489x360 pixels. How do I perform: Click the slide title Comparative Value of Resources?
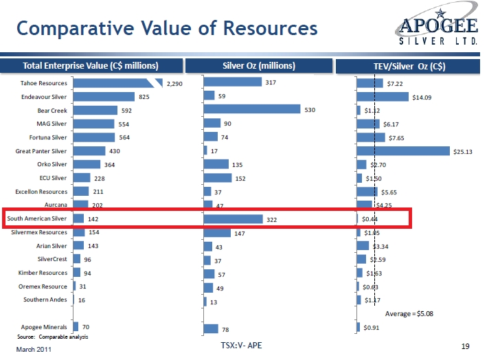[x=167, y=28]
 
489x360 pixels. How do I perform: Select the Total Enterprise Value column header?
[x=91, y=66]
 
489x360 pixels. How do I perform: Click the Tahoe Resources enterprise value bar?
[x=117, y=83]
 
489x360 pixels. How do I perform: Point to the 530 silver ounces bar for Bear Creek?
[x=252, y=109]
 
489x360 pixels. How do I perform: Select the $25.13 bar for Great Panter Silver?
[x=403, y=151]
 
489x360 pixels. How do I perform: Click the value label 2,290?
[x=174, y=84]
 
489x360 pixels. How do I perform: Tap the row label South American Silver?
[x=36, y=218]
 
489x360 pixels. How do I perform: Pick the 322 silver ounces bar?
[x=233, y=218]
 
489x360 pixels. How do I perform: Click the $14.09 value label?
[x=422, y=97]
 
